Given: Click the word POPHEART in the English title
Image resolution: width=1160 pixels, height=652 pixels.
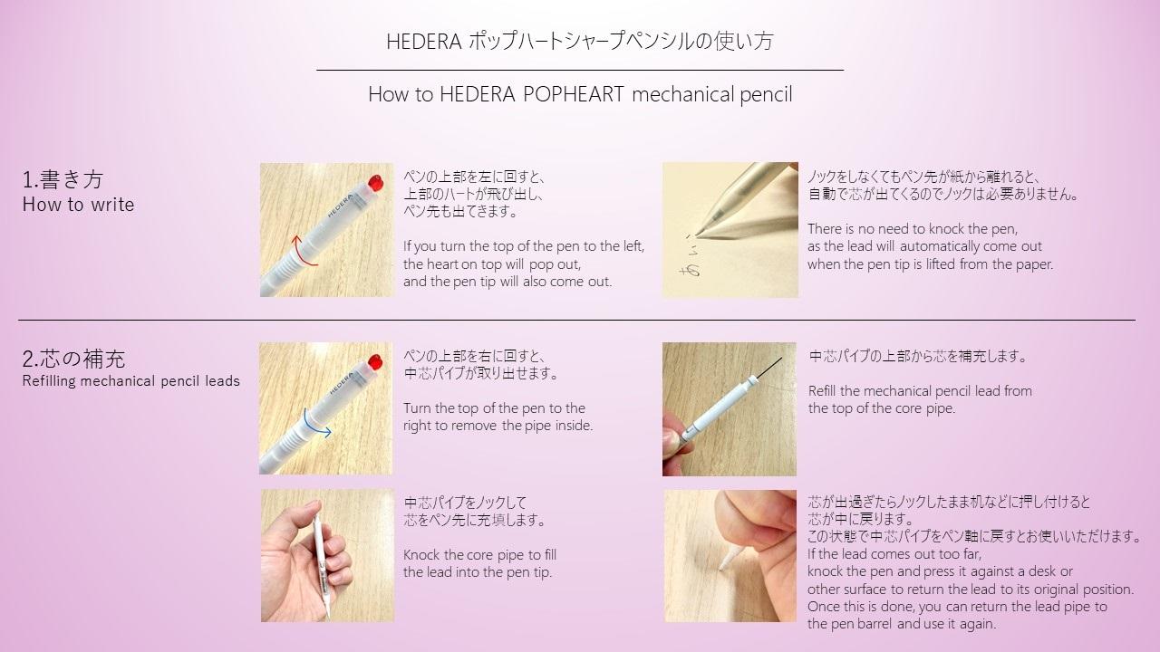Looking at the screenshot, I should tap(574, 94).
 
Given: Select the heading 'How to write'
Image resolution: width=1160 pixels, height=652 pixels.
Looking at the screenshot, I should tap(78, 205).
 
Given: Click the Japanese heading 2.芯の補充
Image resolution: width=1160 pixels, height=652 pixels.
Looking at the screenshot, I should tap(73, 359).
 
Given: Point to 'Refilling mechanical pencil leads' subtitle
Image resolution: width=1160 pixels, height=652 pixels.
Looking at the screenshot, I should tap(130, 381).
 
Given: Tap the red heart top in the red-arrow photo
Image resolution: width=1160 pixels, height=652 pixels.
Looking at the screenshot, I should tap(373, 181).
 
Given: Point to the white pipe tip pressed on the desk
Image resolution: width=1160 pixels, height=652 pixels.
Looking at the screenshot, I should tap(725, 562).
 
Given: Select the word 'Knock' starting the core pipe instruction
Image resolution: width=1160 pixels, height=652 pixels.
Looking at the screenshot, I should tap(421, 554).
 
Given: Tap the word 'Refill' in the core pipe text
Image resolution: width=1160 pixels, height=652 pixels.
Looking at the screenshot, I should tap(825, 391).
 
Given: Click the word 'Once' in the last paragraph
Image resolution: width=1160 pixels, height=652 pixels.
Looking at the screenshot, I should tap(825, 607).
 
